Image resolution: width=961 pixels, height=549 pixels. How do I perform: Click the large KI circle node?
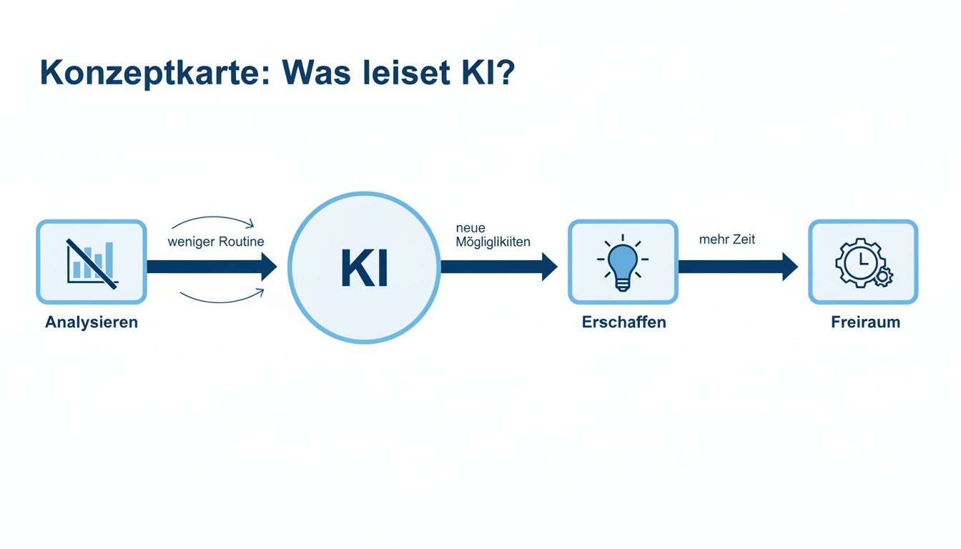[x=364, y=267]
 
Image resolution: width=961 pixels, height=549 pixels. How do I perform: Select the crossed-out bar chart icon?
[x=92, y=262]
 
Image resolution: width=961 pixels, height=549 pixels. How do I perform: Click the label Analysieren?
[x=92, y=322]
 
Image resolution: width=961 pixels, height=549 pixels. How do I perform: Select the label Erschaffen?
[x=624, y=322]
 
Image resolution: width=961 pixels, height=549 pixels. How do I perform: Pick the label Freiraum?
[x=865, y=322]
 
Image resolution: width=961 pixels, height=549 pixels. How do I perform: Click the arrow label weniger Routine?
[x=216, y=242]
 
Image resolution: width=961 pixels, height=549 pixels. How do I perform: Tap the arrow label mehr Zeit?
[x=727, y=239]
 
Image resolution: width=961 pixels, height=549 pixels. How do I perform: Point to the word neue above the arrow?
[x=470, y=228]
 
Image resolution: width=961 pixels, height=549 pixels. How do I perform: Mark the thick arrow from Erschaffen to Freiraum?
[x=737, y=267]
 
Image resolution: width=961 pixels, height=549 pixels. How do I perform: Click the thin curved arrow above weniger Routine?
[x=212, y=219]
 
